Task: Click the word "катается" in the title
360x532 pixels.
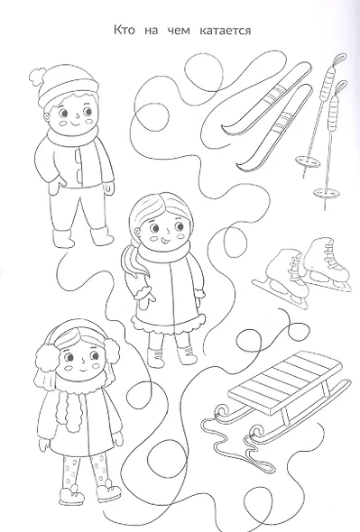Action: [x=226, y=31]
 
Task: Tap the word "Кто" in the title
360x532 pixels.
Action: [x=124, y=31]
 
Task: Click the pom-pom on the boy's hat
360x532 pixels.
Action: [x=38, y=77]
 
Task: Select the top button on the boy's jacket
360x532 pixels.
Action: [x=78, y=155]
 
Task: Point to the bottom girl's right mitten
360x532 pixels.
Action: [x=118, y=437]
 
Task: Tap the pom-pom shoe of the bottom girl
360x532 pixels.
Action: [x=108, y=490]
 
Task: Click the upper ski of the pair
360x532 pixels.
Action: [x=267, y=97]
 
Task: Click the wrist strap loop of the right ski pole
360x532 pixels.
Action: [x=341, y=88]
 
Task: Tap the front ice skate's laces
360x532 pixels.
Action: [x=293, y=271]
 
